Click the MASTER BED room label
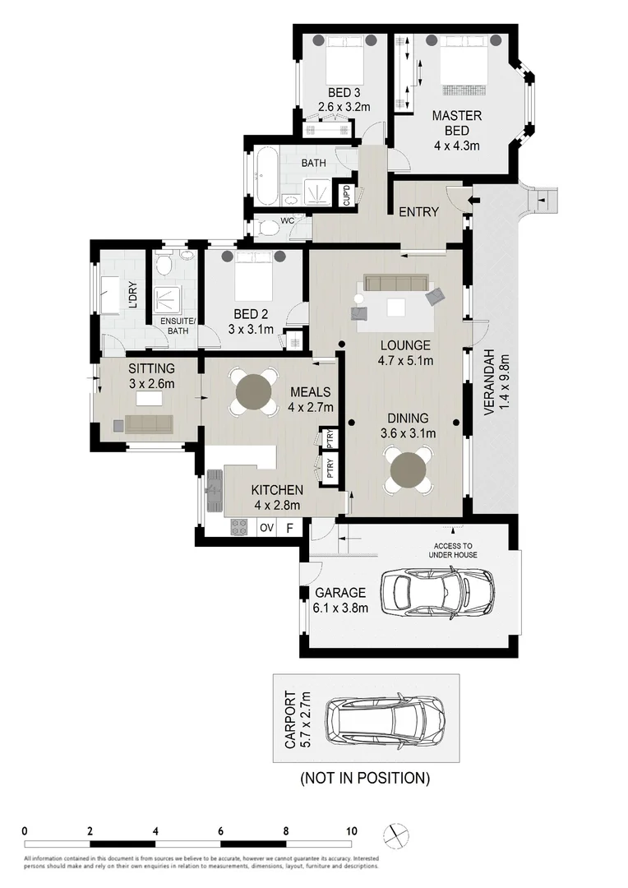tap(456, 130)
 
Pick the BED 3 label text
tap(339, 92)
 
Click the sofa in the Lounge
tap(396, 284)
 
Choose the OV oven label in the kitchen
tap(266, 528)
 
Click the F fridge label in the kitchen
tap(289, 528)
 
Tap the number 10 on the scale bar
tap(352, 830)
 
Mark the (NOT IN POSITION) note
tap(364, 777)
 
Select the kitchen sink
tap(216, 490)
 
